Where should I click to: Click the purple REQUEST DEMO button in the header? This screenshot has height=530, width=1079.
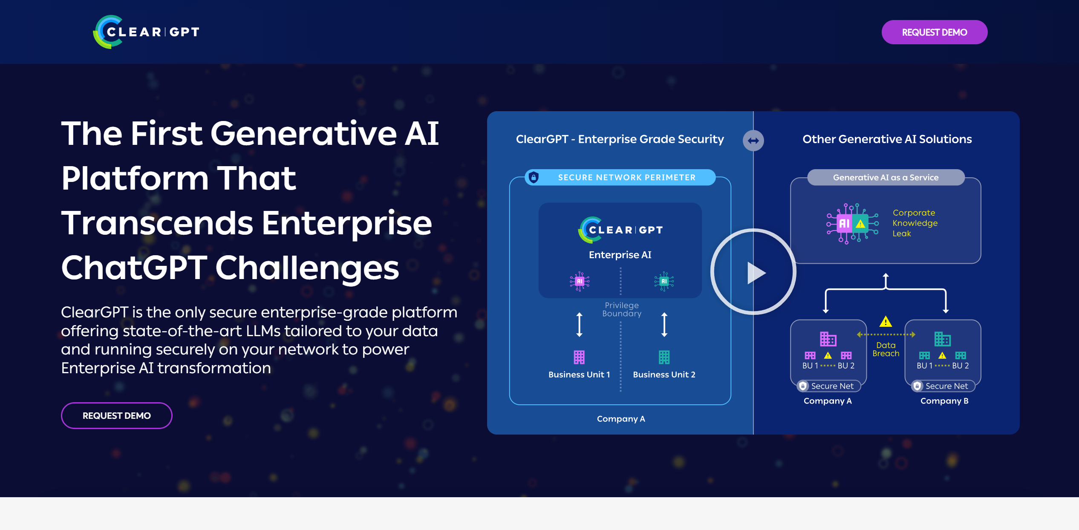(934, 32)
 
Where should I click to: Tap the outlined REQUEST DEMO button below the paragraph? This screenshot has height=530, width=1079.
(116, 415)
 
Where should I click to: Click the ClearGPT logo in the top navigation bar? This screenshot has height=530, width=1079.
(146, 32)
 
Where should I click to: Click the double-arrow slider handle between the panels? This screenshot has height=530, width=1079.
(753, 141)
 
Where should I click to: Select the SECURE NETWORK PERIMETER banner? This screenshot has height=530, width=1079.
(620, 177)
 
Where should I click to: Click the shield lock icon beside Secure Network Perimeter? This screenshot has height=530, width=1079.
(534, 177)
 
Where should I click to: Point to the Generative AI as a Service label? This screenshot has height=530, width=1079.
(886, 177)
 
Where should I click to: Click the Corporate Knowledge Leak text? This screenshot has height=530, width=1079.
(915, 223)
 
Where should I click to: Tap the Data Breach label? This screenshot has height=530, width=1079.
(886, 349)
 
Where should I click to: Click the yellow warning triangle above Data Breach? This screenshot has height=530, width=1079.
(886, 322)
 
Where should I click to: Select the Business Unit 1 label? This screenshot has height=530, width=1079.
(579, 374)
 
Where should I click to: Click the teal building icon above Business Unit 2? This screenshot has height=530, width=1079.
(664, 357)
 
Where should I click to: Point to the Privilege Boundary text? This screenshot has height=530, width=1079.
(622, 309)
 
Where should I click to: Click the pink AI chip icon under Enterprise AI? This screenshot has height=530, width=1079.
(580, 281)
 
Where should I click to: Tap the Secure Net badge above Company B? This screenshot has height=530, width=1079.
(943, 386)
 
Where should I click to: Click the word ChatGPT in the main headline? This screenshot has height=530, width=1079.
(134, 268)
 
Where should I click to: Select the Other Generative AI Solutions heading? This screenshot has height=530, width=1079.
(887, 139)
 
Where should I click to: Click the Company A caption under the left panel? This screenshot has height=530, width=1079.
(621, 419)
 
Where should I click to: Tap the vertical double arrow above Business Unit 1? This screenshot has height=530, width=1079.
(579, 325)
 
